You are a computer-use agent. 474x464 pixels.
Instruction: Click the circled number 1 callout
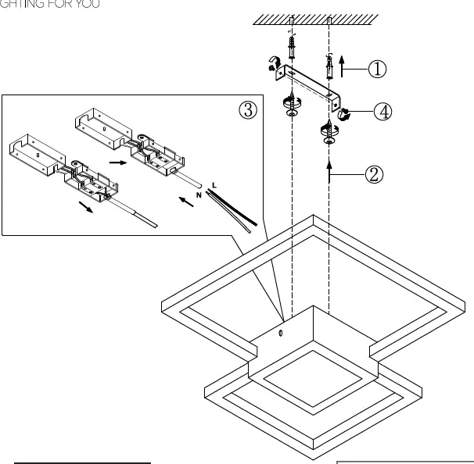click(377, 69)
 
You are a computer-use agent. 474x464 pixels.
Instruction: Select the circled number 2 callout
click(374, 173)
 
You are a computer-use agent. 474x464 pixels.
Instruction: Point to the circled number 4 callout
click(382, 111)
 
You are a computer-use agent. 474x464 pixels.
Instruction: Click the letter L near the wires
click(215, 186)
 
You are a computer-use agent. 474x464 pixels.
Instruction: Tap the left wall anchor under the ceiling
click(291, 48)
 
